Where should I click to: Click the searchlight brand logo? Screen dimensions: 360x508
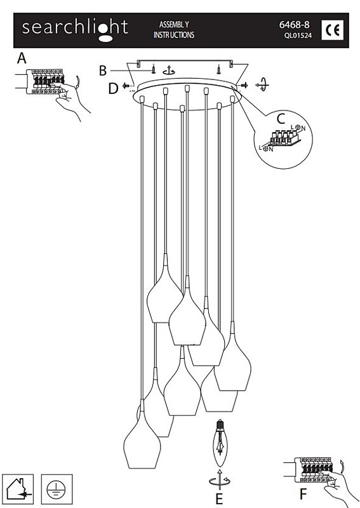tap(75, 30)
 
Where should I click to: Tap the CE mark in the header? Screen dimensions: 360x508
tap(332, 30)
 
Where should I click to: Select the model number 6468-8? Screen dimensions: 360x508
tap(294, 25)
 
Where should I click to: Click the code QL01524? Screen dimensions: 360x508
tap(298, 36)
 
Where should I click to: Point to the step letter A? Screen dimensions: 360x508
tap(22, 58)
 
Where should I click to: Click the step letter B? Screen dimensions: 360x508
tap(103, 70)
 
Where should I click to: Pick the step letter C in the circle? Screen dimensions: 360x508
tap(281, 119)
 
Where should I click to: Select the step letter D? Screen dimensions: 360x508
tap(113, 88)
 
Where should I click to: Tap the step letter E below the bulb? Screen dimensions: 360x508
tap(220, 499)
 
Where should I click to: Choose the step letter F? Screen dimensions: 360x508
tap(303, 495)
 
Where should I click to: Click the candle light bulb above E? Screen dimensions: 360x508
tap(220, 443)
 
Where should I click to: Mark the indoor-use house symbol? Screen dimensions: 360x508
tap(18, 489)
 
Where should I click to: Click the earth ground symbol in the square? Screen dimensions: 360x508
tap(57, 489)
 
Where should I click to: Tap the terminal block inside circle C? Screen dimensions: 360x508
tap(283, 138)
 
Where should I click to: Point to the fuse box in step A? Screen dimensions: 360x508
tap(44, 81)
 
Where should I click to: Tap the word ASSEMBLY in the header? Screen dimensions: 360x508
tap(174, 25)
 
